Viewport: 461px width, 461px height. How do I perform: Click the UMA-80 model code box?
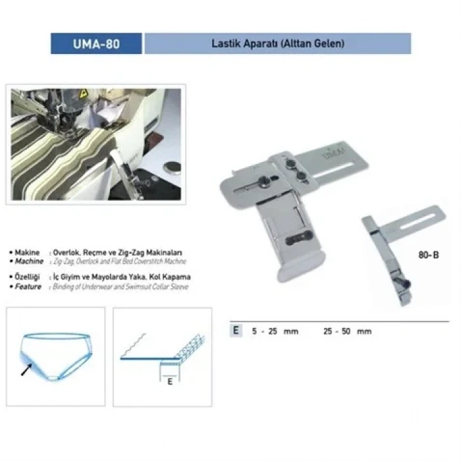[x=96, y=44]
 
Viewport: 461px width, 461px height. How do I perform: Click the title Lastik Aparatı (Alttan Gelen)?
[x=277, y=44]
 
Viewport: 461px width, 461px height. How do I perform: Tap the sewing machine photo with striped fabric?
[x=96, y=144]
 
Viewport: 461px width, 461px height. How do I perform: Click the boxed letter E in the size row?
[x=235, y=331]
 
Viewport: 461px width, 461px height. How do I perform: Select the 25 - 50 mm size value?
[x=348, y=331]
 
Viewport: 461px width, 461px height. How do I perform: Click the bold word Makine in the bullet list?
[x=28, y=252]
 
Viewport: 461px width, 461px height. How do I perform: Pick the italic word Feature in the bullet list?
[x=28, y=287]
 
